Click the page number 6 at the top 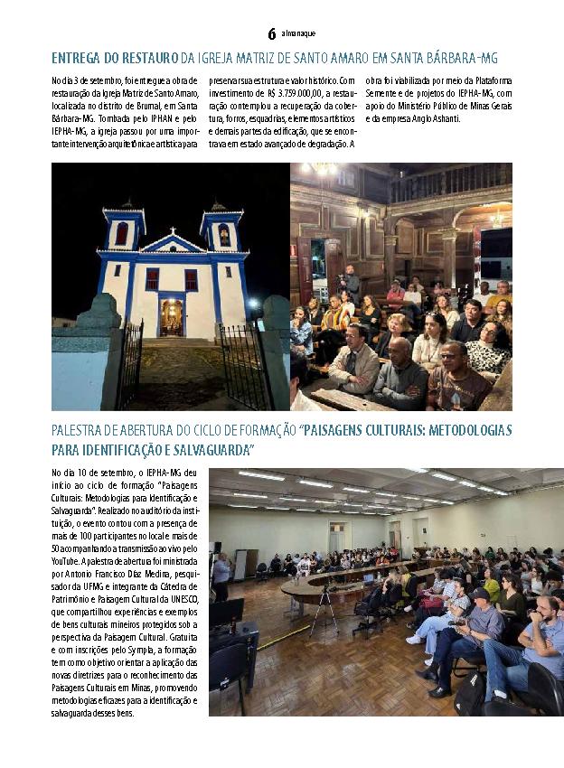tap(271, 33)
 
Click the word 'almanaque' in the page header tap(297, 34)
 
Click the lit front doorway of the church tap(171, 317)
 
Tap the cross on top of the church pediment tap(172, 223)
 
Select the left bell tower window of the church tap(121, 234)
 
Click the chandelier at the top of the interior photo tap(323, 169)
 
